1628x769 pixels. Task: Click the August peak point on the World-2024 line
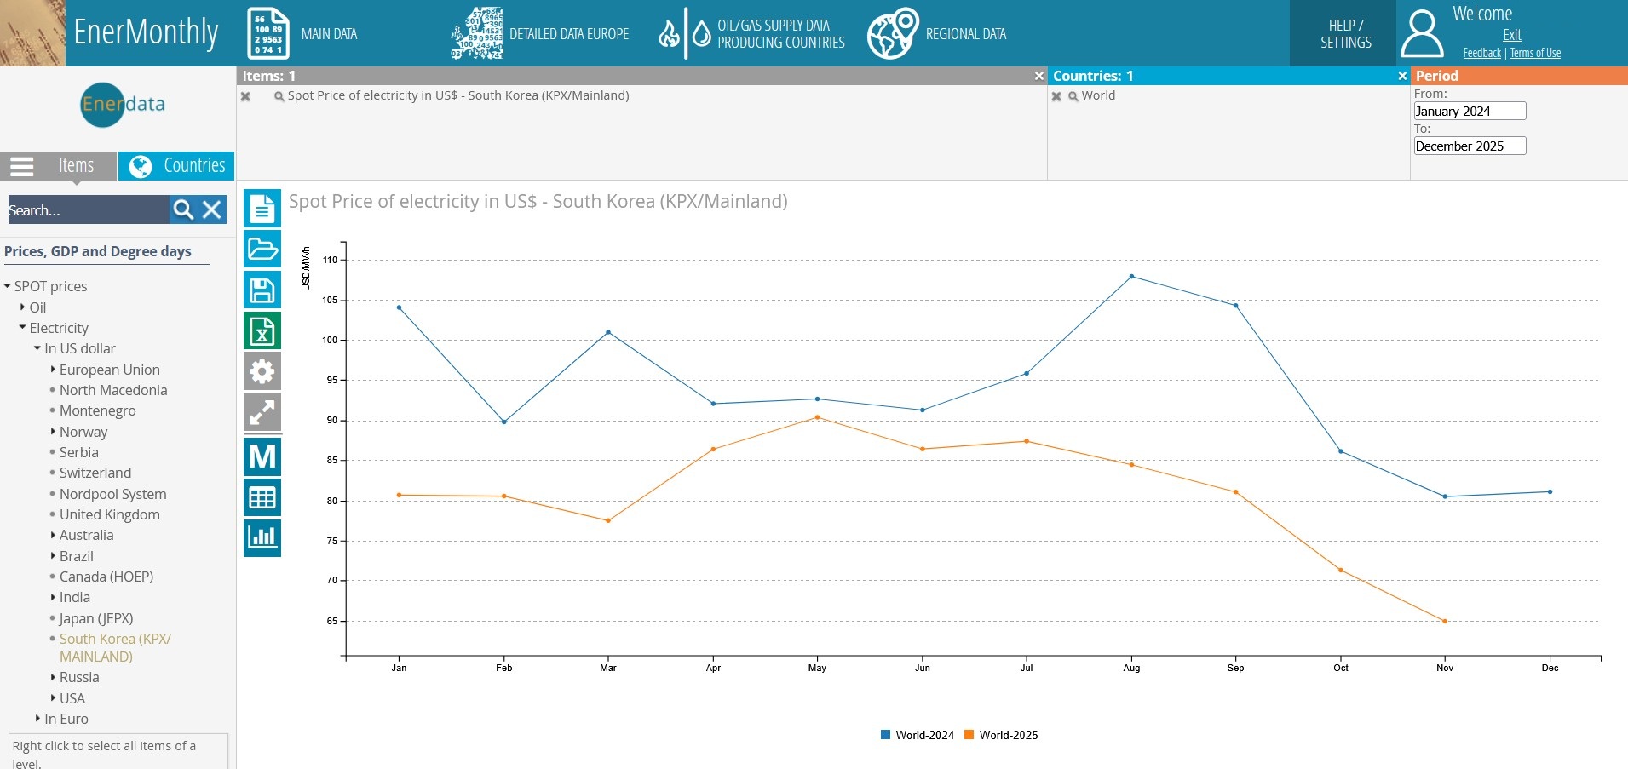pos(1131,277)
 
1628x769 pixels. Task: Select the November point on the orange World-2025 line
pos(1445,622)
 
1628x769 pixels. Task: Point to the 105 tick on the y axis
pos(331,301)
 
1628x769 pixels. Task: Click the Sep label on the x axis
pos(1235,668)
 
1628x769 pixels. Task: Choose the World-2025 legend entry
pos(1001,735)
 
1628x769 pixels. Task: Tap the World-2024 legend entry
pos(918,735)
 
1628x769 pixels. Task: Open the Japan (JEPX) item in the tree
pos(96,618)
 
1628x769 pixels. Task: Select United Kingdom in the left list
pos(110,514)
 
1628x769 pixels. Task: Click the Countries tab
pos(177,165)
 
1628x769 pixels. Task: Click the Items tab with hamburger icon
pos(58,165)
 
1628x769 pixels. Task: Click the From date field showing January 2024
pos(1470,112)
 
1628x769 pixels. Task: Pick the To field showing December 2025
pos(1470,146)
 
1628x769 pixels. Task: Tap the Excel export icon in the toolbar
pos(262,331)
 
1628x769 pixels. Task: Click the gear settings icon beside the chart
pos(262,371)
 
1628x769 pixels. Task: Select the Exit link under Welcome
pos(1512,35)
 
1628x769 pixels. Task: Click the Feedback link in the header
pos(1481,53)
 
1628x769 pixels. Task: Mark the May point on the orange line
pos(818,417)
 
